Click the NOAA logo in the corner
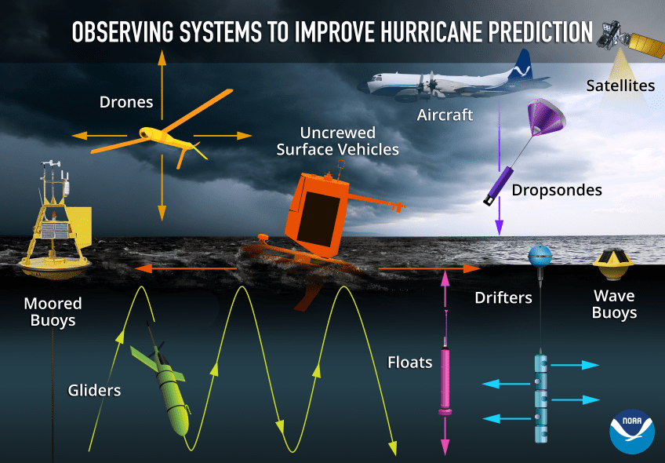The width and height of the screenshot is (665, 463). tap(631, 431)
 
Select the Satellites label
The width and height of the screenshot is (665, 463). tap(620, 86)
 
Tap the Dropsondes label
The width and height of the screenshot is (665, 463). tap(557, 190)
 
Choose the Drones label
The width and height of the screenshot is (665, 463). tap(126, 102)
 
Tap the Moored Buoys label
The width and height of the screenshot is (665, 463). tap(53, 312)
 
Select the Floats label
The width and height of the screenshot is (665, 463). tap(409, 363)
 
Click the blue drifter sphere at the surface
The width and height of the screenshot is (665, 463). tap(540, 256)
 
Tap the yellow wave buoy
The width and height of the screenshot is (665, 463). tap(613, 264)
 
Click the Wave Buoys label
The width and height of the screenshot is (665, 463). tap(614, 304)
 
